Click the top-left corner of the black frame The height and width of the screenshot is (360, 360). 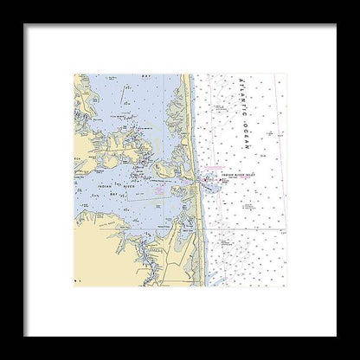[x=25, y=25]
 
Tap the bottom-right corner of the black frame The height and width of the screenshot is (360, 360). [x=335, y=335]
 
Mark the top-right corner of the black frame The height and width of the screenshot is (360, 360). [x=335, y=25]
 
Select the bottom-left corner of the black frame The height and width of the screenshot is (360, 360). [x=25, y=335]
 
